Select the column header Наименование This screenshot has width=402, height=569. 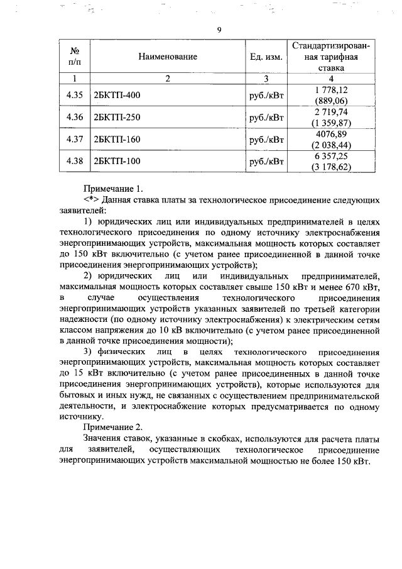coord(168,57)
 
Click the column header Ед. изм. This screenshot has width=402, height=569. coord(266,57)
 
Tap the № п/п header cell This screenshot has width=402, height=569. coord(75,56)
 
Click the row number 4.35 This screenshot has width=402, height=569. coord(75,96)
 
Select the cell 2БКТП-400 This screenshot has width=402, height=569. coord(116,96)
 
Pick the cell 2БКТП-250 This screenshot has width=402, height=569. coord(116,118)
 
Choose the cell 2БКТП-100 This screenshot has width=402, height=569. coord(116,161)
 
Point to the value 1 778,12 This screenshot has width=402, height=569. coord(331,91)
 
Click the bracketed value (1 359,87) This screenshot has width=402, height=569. coord(331,123)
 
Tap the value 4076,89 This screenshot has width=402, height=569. coord(331,134)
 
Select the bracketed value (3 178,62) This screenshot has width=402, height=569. coord(331,167)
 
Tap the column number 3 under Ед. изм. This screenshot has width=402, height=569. coord(266,79)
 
